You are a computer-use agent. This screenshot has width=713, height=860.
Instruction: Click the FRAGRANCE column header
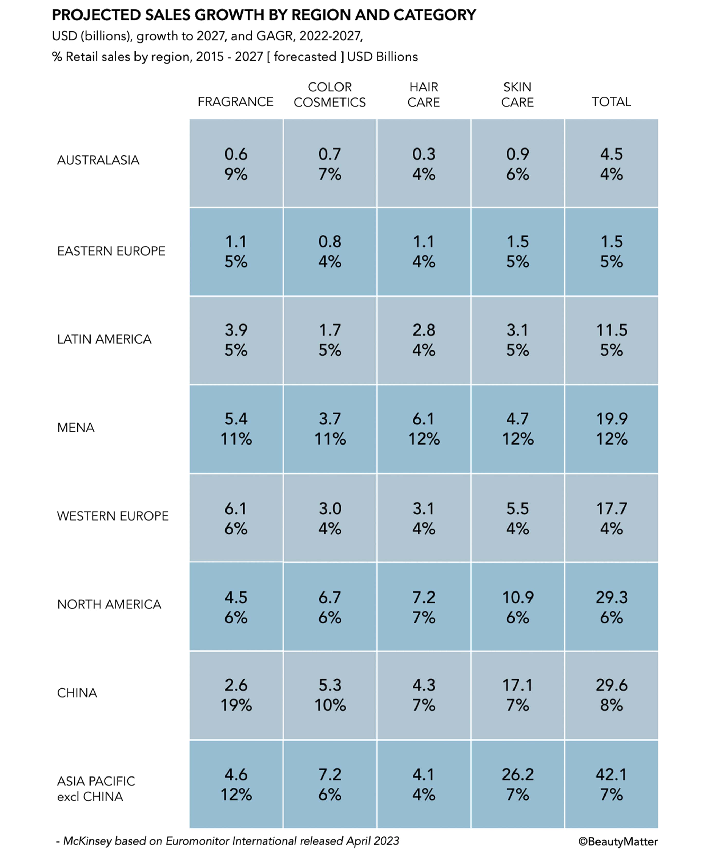pos(235,101)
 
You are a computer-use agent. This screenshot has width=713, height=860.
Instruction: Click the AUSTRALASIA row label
pos(98,160)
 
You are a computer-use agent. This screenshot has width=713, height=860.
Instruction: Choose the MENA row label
pos(76,428)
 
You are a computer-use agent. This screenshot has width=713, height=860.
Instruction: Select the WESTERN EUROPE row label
pos(113,516)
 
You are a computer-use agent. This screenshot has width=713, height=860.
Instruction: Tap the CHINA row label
pos(77,693)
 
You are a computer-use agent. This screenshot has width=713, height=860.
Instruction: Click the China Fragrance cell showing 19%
pos(236,705)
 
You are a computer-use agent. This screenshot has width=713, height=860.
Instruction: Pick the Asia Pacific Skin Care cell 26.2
pos(518,774)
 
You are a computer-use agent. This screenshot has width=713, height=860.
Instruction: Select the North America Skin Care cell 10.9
pos(518,597)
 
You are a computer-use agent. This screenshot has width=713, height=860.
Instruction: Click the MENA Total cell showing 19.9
pos(611,419)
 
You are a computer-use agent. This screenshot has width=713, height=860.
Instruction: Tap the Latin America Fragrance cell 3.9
pos(236,330)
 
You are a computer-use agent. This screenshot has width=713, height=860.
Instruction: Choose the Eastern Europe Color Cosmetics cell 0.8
pos(330,242)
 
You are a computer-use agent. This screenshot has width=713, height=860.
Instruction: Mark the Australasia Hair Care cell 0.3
pos(424,154)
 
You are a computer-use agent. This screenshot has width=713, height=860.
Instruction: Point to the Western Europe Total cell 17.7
pos(611,509)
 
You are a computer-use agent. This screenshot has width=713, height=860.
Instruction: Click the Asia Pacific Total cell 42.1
pos(611,774)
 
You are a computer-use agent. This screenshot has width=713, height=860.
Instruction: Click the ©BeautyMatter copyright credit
pos(618,841)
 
